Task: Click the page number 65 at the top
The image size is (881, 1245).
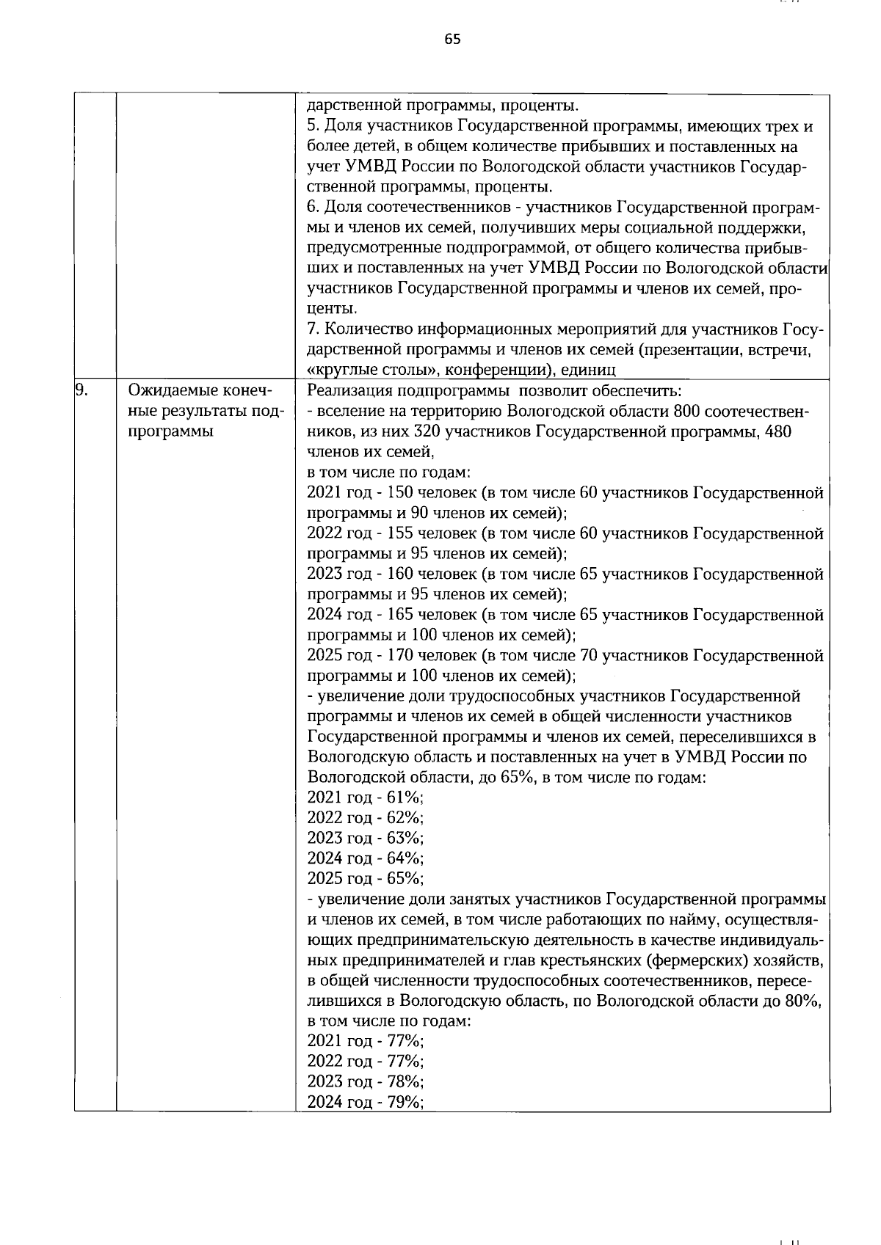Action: coord(452,40)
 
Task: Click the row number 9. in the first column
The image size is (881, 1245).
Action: coord(82,390)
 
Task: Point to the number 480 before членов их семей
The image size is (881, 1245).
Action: coord(777,431)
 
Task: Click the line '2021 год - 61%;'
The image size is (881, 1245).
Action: coord(365,797)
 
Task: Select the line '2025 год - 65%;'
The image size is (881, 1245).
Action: coord(365,879)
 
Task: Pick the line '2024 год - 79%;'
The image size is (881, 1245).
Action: coord(365,1102)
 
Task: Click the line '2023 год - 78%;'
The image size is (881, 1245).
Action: coord(365,1081)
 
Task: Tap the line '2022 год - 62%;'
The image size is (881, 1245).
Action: coord(365,818)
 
